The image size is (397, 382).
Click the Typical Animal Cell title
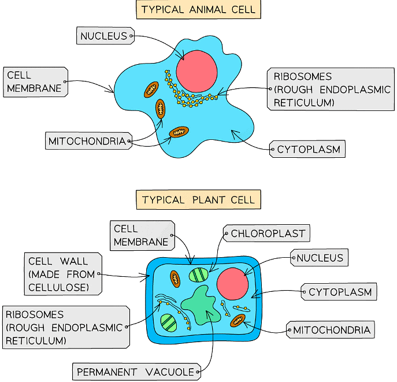(x=198, y=10)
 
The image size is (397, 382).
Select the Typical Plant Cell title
(x=198, y=200)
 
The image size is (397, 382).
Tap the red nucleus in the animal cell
(x=196, y=71)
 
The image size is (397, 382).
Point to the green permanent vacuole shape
(x=201, y=305)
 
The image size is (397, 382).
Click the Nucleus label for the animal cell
(x=105, y=36)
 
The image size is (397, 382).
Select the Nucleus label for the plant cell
(x=320, y=258)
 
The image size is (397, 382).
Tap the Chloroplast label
(x=268, y=234)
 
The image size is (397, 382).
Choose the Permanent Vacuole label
(x=137, y=372)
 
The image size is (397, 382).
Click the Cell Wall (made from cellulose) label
(x=62, y=273)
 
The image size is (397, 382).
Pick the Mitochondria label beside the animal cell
(x=87, y=141)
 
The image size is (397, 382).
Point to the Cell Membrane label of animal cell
(x=35, y=81)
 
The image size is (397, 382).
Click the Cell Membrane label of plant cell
(x=142, y=236)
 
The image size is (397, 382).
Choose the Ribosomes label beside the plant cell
(x=65, y=327)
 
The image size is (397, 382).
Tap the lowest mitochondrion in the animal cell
(x=179, y=132)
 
